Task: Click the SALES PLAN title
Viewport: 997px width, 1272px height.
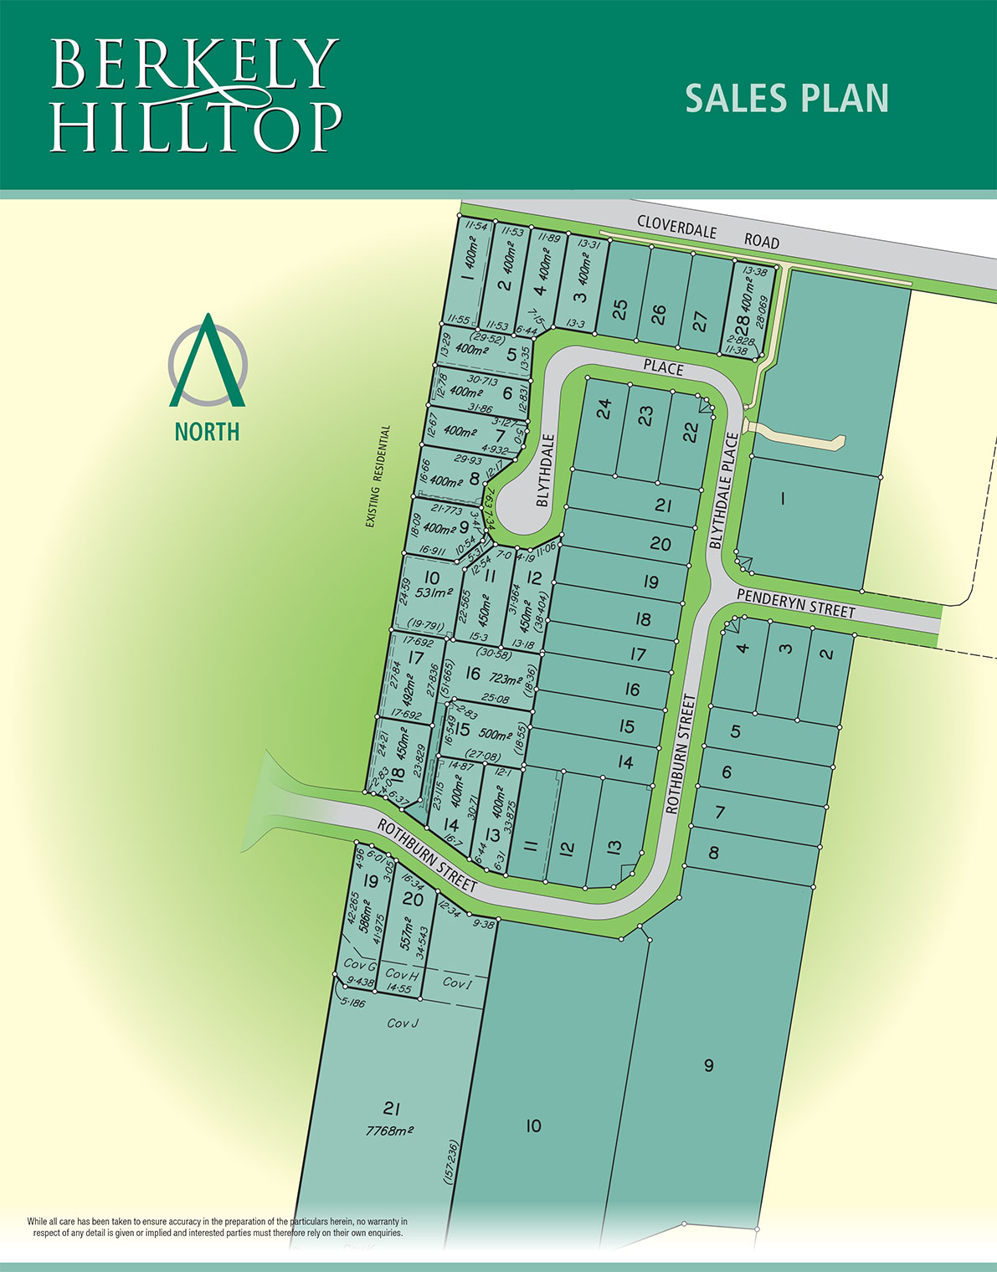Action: pos(786,98)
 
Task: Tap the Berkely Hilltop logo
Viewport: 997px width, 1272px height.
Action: pos(196,95)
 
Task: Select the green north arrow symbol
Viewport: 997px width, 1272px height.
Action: pos(208,360)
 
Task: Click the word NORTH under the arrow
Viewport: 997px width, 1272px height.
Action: pos(207,432)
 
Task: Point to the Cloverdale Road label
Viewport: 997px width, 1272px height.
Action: pos(707,232)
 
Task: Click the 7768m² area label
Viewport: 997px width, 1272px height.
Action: pos(391,1130)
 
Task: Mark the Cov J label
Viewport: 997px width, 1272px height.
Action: pos(403,1023)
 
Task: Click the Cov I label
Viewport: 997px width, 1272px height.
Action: pos(457,982)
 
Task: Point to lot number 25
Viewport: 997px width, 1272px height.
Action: pos(619,310)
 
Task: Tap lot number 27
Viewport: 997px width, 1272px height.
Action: pos(701,321)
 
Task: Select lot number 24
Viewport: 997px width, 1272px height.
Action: pos(604,408)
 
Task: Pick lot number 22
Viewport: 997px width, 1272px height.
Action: pos(690,432)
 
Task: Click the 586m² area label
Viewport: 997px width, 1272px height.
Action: pos(364,916)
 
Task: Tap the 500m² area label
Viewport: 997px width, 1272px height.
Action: pos(496,734)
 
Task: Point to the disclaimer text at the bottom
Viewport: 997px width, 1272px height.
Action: pos(217,1228)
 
